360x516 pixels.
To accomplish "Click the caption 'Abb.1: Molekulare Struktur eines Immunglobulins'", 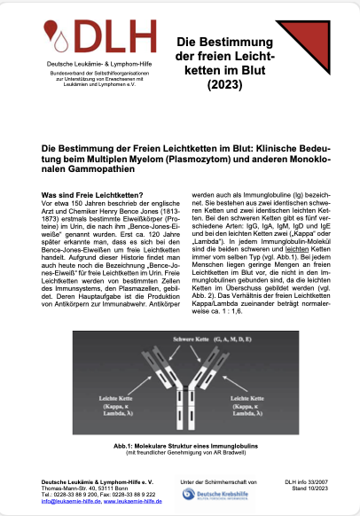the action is (179, 445).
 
